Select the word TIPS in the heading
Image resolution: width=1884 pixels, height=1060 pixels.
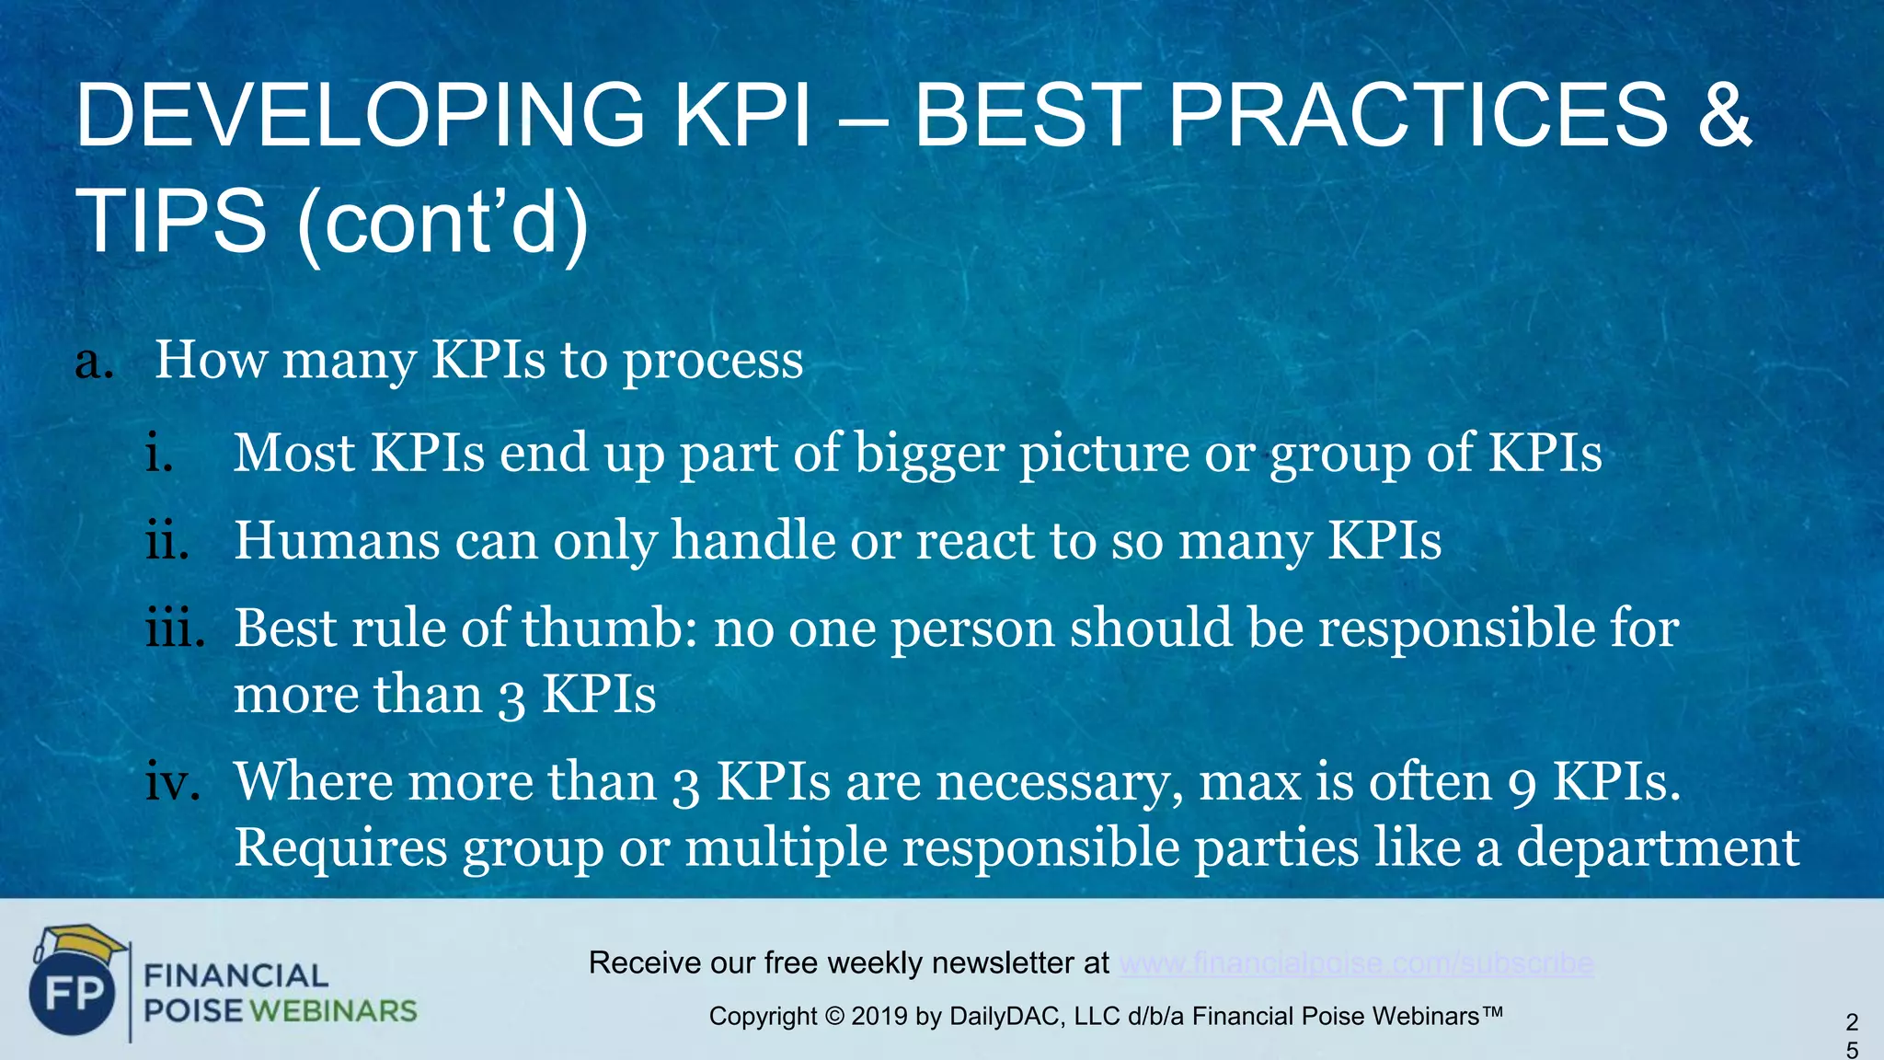[x=171, y=222]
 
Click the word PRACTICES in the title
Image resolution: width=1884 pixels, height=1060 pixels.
[x=1418, y=115]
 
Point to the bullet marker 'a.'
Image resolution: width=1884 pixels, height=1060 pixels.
[x=94, y=361]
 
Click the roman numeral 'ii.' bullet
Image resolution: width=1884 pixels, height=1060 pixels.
[x=167, y=540]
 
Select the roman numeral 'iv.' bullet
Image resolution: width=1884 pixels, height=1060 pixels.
[x=173, y=782]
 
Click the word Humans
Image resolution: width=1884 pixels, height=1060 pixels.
[x=337, y=540]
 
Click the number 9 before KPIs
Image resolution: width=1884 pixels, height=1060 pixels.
[x=1522, y=784]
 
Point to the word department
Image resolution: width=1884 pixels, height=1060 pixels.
[x=1657, y=847]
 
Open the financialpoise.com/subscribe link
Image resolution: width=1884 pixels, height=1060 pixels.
[x=1356, y=963]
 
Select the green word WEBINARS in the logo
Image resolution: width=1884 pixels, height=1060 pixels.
[x=333, y=1011]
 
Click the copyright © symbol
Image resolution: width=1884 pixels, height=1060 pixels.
[x=833, y=1017]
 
